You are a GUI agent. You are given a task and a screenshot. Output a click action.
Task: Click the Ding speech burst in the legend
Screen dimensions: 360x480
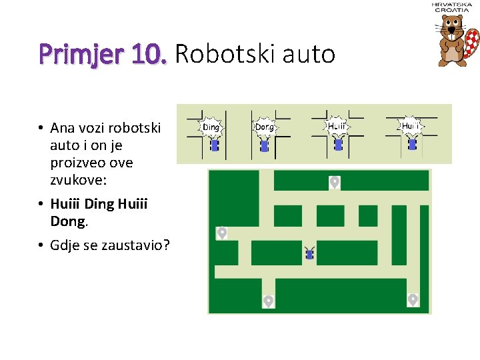click(x=211, y=126)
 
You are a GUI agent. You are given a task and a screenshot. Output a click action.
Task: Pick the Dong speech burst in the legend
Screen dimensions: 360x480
click(x=265, y=126)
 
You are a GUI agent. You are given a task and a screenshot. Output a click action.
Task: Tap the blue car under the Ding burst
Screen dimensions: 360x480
click(x=214, y=145)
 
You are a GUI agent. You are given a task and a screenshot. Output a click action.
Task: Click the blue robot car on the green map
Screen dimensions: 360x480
click(x=309, y=253)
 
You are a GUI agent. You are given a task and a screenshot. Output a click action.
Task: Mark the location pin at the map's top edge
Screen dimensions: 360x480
click(x=334, y=181)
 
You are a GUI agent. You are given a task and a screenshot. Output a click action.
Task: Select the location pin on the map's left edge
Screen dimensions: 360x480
click(x=222, y=233)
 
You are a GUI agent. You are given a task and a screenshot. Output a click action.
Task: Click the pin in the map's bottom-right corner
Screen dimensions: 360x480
click(x=413, y=299)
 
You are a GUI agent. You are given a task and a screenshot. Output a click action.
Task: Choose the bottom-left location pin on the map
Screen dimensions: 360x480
click(x=268, y=301)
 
